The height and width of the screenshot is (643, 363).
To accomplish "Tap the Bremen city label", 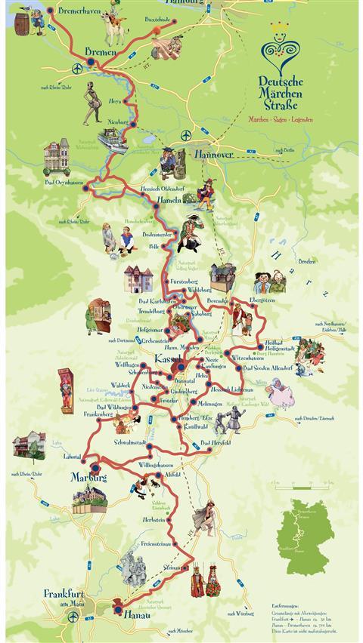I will tap(101, 51).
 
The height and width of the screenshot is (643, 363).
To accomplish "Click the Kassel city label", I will tap(166, 358).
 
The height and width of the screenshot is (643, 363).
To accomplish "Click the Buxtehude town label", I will tap(160, 17).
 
